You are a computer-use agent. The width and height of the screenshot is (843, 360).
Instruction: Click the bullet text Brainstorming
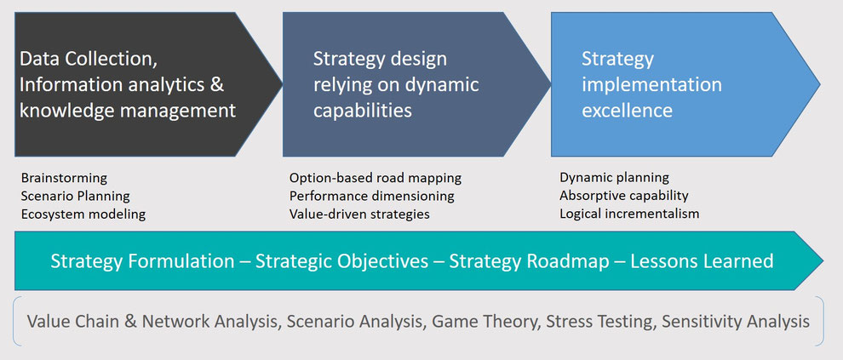[64, 178]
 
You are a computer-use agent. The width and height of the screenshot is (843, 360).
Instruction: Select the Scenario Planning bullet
[75, 196]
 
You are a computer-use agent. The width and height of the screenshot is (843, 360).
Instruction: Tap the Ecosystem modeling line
[83, 214]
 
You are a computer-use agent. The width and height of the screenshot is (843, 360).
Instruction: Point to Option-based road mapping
[376, 178]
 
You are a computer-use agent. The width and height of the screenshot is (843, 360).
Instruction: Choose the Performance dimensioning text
[371, 196]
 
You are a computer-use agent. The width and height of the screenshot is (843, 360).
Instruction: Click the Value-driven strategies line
[359, 214]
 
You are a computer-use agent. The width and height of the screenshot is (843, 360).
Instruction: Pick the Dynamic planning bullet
[614, 177]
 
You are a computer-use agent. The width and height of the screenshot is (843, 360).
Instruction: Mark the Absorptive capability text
[623, 196]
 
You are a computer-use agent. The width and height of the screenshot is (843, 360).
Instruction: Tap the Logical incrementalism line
[629, 214]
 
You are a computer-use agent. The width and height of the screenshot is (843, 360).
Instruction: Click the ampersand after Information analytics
[216, 84]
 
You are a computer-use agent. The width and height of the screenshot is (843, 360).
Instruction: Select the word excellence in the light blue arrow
[627, 110]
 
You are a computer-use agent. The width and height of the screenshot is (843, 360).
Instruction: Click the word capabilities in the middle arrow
[363, 111]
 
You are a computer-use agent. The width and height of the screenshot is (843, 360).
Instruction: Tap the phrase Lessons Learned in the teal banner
[702, 261]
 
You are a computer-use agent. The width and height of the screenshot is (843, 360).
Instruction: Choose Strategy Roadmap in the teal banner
[529, 261]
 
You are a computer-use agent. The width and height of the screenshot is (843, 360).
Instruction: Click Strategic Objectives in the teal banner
[342, 261]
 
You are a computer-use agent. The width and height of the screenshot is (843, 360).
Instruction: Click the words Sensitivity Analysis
[736, 322]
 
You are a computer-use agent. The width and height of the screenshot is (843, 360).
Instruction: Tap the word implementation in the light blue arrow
[651, 85]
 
